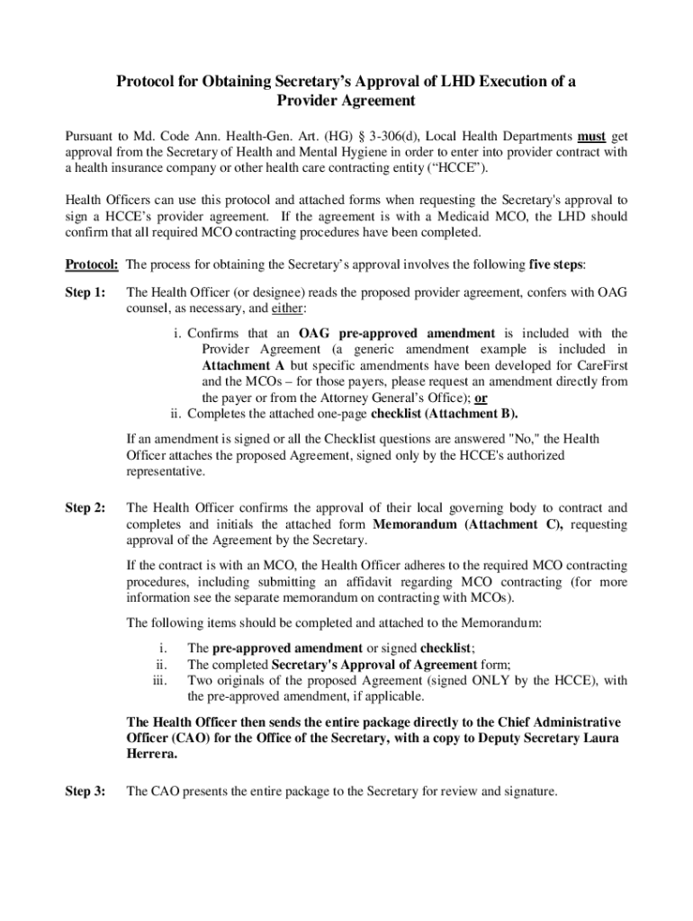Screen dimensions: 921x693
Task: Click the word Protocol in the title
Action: coord(150,82)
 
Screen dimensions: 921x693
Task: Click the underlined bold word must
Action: coord(591,138)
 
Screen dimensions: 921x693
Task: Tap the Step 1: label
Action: coord(85,292)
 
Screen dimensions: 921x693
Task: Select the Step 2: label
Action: coord(85,508)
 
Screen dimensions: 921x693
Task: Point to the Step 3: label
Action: coord(85,791)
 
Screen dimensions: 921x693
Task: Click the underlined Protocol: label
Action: coord(93,264)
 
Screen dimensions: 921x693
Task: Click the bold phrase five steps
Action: coord(556,264)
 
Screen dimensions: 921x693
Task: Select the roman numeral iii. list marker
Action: coord(161,681)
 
